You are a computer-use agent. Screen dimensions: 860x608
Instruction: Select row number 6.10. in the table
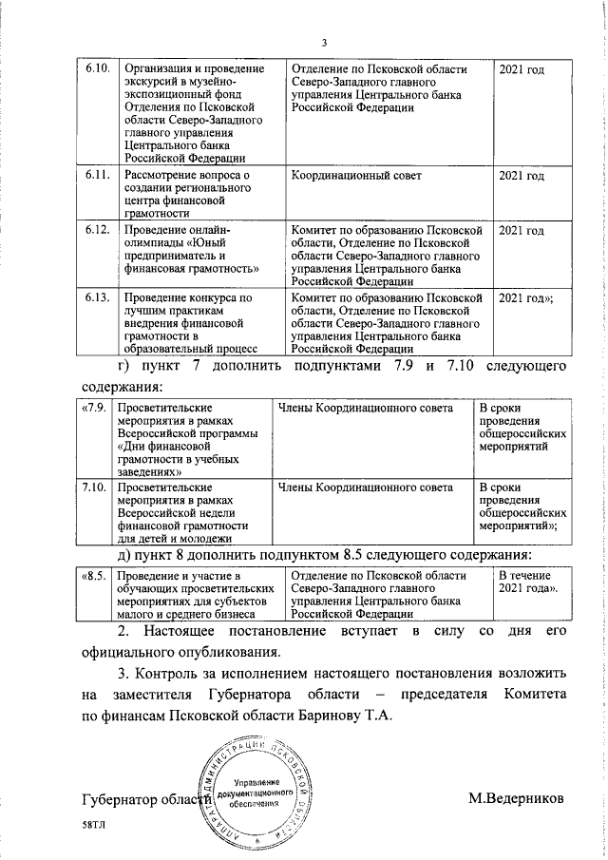(98, 70)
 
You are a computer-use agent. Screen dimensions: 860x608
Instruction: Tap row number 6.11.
(98, 177)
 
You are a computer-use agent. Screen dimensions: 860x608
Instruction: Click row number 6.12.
(98, 231)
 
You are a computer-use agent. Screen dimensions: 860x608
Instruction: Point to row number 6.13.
(98, 298)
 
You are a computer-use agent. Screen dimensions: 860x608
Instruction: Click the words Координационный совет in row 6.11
(355, 177)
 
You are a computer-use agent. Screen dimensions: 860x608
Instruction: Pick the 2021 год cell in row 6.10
(522, 70)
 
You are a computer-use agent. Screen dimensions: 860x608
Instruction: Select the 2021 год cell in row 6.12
(522, 231)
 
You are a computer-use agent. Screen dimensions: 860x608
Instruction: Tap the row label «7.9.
(92, 409)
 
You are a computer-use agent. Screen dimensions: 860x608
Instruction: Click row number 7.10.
(92, 487)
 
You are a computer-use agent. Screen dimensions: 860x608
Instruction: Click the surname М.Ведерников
(516, 795)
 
